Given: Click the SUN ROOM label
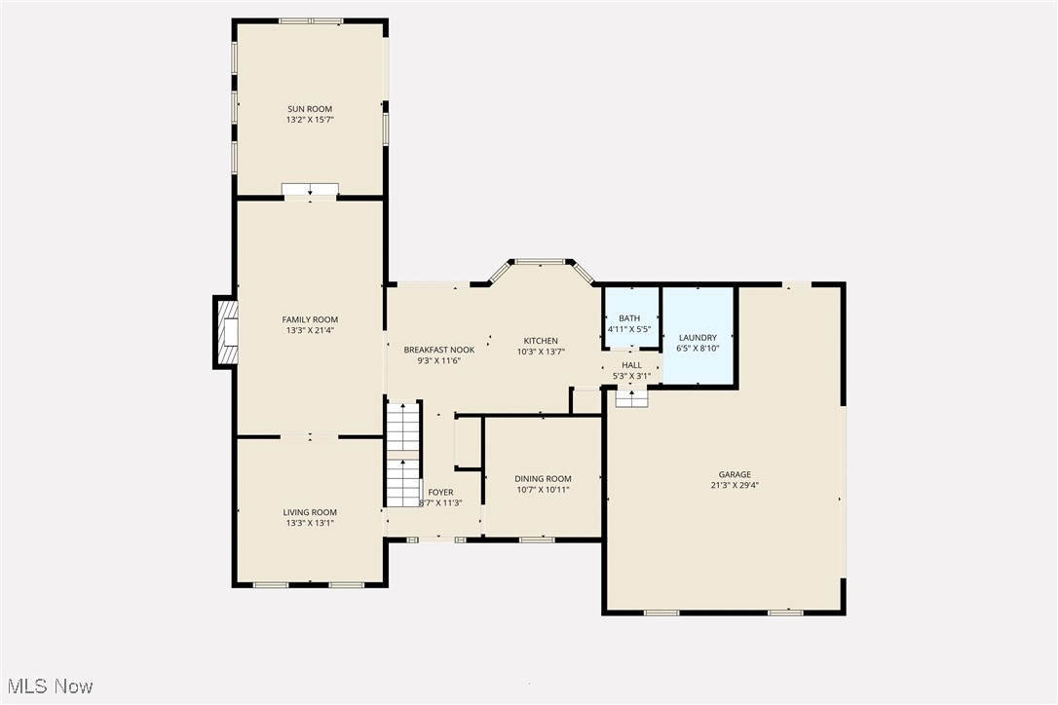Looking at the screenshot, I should coord(310,109).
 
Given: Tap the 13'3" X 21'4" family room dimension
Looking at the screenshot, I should coord(310,331).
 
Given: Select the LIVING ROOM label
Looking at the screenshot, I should coord(310,512).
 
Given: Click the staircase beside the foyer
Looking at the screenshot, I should coord(402,455).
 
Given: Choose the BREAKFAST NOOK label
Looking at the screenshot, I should coord(439,350).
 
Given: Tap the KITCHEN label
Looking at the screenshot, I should coord(537,341).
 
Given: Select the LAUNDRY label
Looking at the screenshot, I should coord(698,337).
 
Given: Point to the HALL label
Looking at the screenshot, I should coord(631,364).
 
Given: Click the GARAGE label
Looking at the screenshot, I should coord(736,474).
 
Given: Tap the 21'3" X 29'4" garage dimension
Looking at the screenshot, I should coord(736,485).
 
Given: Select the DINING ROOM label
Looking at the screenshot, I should coord(543,478).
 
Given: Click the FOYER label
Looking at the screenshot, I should coord(440,493).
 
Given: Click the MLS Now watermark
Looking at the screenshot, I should coord(48,686).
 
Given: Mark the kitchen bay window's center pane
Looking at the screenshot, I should coord(541,262).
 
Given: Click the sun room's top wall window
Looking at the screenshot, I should coord(310,20).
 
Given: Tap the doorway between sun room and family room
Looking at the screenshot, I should coord(310,191).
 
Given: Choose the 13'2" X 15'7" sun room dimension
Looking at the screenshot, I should coord(310,120).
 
